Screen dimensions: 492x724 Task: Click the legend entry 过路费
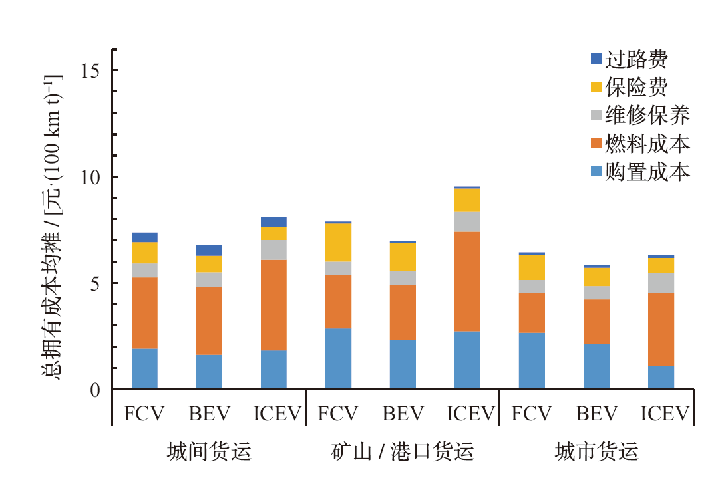635,60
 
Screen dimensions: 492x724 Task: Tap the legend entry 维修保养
646,116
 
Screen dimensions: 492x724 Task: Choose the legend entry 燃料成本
646,144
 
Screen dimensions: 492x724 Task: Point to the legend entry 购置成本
646,172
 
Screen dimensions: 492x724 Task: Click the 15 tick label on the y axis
92,70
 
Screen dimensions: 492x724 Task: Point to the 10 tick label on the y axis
92,177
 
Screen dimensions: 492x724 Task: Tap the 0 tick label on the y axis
96,390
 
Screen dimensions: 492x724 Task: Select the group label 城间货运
209,453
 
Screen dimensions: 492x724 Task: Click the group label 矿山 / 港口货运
402,453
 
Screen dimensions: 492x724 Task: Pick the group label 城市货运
596,453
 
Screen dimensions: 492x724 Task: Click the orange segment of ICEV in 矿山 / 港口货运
467,281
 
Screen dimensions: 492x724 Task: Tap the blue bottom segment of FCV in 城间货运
144,368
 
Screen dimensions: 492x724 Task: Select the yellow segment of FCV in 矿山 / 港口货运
338,242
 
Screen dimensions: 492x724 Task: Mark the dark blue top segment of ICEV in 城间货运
273,222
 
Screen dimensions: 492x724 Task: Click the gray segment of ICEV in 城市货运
661,283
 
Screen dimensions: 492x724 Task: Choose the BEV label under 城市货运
596,414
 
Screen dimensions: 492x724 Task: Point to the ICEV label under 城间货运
275,414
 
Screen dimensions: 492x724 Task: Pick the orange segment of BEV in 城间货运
209,320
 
